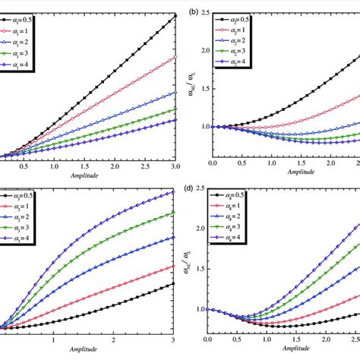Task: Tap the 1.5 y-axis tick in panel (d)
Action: point(200,268)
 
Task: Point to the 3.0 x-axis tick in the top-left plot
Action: point(175,166)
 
